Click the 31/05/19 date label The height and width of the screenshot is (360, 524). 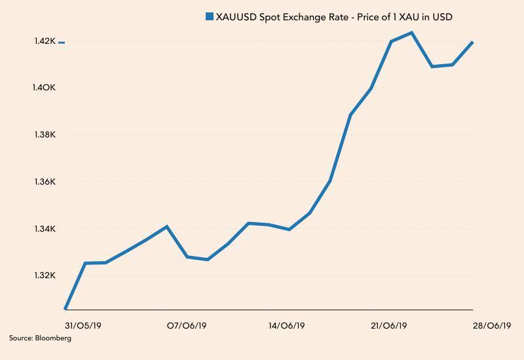(83, 325)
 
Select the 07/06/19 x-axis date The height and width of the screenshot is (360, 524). (185, 325)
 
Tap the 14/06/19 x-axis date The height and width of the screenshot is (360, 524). (287, 325)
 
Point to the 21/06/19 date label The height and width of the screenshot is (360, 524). (389, 325)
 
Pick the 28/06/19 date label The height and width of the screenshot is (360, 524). (491, 325)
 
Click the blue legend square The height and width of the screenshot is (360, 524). (209, 16)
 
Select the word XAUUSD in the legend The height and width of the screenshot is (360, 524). (237, 16)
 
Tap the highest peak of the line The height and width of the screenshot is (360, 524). (411, 32)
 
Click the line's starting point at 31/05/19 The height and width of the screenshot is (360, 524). (65, 308)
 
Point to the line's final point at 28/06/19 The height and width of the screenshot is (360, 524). (472, 42)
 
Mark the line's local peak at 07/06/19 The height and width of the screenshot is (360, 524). (168, 226)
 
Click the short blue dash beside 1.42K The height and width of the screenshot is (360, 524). (62, 43)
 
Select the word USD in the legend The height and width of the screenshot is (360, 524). (441, 16)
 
